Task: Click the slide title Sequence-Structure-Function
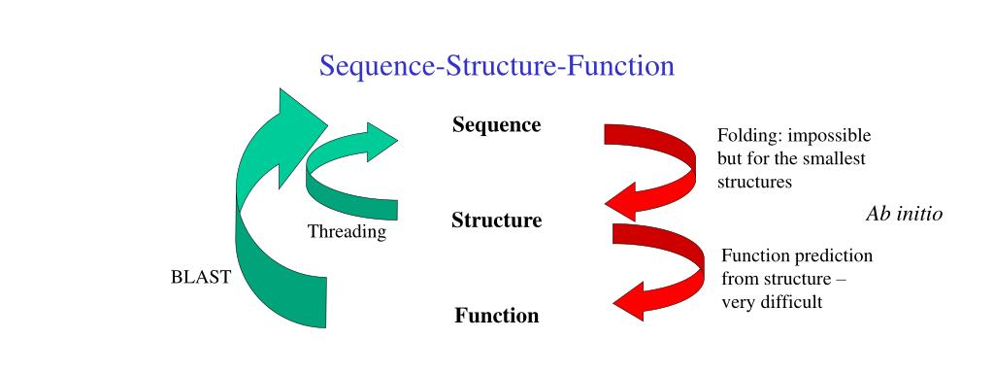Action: click(x=496, y=66)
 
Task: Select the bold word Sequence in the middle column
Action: click(x=496, y=125)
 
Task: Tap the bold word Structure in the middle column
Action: click(x=496, y=220)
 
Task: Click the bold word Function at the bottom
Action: click(x=496, y=316)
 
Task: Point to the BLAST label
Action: click(x=201, y=277)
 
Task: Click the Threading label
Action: click(x=347, y=232)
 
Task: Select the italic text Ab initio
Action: click(x=903, y=214)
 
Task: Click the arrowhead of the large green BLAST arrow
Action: click(x=296, y=117)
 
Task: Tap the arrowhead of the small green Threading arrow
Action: click(x=379, y=142)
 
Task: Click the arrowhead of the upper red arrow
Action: click(x=626, y=203)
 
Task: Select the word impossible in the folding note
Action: click(x=828, y=135)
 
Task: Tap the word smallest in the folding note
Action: click(x=832, y=158)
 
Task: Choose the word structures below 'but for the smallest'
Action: click(x=755, y=182)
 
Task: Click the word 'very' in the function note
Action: click(x=736, y=302)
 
